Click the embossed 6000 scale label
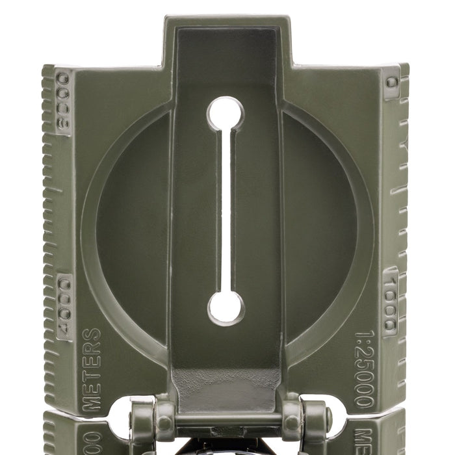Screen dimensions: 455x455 click(62, 100)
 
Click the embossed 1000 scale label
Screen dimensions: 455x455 click(390, 302)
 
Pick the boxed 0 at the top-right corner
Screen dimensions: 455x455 click(391, 83)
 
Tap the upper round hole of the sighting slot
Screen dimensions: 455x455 click(226, 114)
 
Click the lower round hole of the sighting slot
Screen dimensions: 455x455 click(226, 307)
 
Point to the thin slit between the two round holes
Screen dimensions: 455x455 click(225, 211)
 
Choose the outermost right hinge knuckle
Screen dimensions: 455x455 click(315, 422)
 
